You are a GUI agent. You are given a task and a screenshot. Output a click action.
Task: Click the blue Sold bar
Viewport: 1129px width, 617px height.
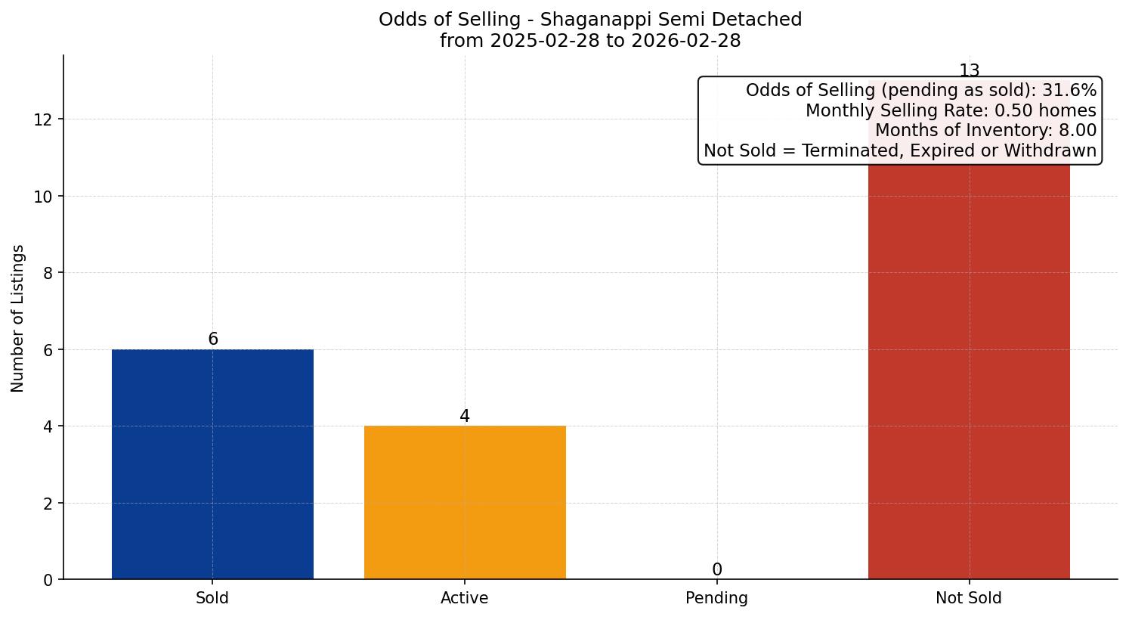click(212, 464)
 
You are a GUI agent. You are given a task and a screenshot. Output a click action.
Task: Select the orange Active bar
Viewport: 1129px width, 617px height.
click(465, 503)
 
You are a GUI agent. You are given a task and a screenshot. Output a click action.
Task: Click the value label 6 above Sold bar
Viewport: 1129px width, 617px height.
click(213, 340)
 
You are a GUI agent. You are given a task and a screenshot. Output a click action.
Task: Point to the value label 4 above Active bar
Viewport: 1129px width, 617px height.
click(465, 417)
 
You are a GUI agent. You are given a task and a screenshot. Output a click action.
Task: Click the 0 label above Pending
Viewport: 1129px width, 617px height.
click(716, 570)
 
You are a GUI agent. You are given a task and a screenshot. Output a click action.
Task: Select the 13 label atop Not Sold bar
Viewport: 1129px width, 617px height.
click(969, 71)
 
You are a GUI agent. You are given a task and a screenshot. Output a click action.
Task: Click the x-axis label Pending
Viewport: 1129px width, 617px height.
click(716, 598)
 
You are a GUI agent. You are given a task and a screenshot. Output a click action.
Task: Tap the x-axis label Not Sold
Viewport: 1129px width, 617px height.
click(968, 598)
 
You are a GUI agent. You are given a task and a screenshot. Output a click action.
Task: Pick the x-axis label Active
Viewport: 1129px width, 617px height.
click(464, 598)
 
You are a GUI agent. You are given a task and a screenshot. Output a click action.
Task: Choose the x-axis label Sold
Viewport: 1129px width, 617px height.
click(212, 598)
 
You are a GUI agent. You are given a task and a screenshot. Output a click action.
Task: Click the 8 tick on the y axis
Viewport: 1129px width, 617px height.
click(48, 273)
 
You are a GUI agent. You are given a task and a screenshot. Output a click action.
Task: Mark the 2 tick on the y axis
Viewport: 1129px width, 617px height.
click(48, 504)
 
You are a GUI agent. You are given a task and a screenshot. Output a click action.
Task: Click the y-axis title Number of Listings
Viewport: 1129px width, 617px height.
click(18, 318)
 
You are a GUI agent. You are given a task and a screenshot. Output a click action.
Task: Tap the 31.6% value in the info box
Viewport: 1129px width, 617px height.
click(1069, 91)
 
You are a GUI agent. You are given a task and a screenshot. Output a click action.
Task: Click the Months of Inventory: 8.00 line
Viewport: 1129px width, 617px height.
click(985, 130)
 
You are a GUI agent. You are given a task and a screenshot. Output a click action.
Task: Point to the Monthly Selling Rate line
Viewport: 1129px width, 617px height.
click(950, 110)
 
